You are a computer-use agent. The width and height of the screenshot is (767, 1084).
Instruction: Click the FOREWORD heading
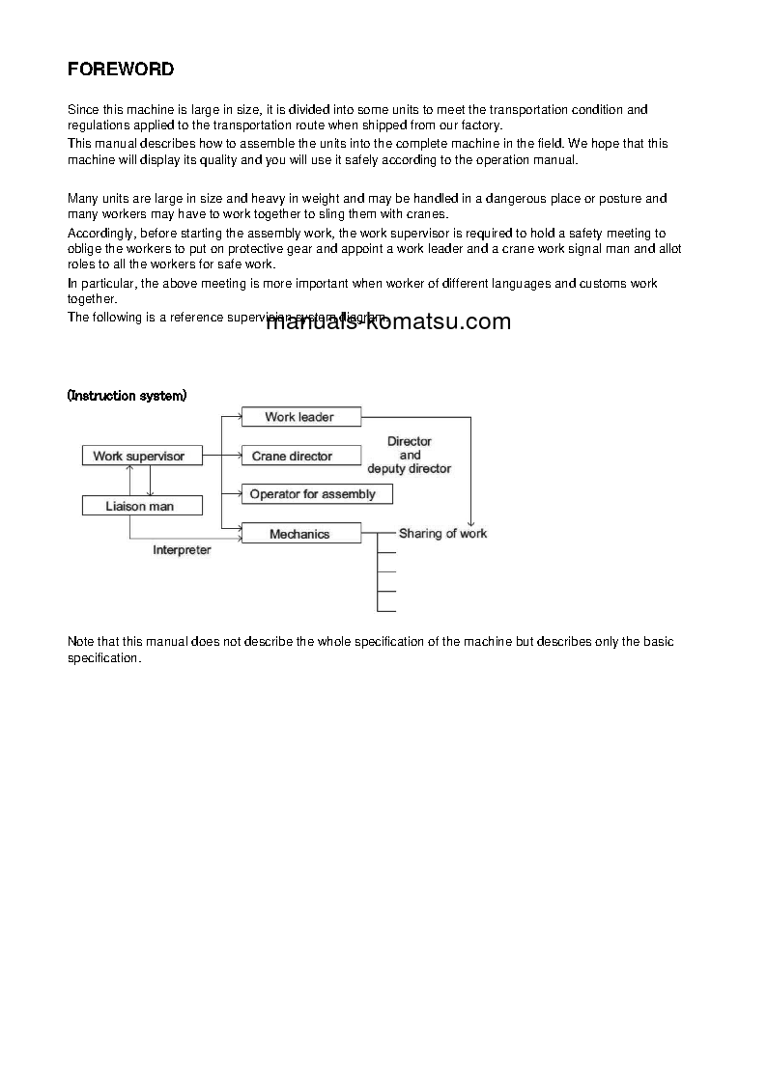121,69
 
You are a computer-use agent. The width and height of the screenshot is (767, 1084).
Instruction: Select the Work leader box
299,417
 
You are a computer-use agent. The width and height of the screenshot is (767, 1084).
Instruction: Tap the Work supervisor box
138,456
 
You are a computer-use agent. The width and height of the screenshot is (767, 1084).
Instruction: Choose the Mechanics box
299,534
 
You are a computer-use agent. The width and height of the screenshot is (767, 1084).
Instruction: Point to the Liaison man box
140,505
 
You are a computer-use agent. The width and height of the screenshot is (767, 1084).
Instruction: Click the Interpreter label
182,550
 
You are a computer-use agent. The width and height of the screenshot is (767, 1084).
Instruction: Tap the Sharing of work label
442,533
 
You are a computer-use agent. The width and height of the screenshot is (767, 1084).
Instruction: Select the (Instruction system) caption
128,396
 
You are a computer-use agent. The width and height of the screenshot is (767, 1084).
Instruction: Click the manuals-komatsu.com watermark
387,322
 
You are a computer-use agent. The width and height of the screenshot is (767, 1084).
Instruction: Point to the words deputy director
409,469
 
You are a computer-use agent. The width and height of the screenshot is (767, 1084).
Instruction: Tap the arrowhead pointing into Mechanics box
236,528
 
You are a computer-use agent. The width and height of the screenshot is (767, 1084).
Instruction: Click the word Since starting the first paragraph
83,110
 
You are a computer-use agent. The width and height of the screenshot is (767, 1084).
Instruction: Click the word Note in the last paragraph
81,642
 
